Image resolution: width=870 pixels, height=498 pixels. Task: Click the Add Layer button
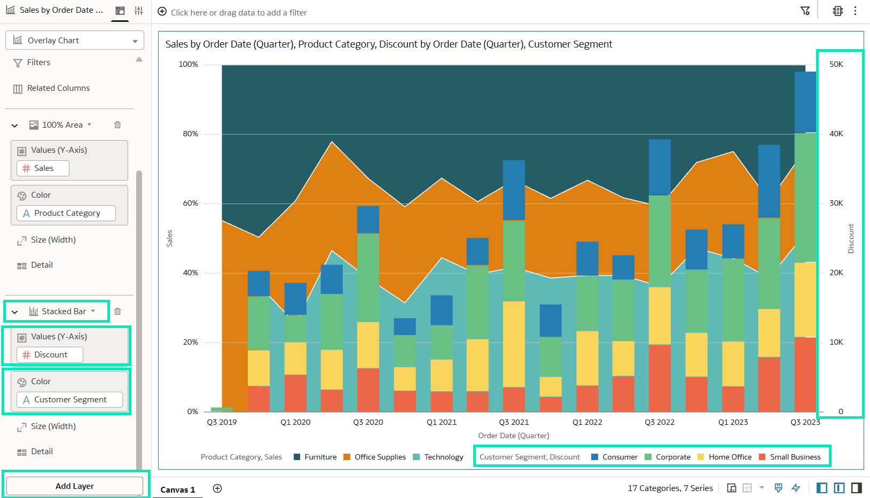click(x=75, y=486)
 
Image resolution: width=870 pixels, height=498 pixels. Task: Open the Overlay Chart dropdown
click(x=75, y=41)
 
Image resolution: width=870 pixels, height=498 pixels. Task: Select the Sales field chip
click(x=43, y=168)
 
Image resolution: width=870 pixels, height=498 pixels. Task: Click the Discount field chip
click(x=50, y=355)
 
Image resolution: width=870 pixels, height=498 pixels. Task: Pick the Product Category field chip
click(x=66, y=213)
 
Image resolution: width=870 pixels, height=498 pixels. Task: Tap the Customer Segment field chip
click(x=69, y=400)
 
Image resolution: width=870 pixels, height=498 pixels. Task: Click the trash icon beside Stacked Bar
click(x=117, y=311)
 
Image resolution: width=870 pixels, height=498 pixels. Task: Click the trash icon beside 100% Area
click(x=117, y=124)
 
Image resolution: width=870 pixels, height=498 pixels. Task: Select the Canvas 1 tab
click(x=177, y=489)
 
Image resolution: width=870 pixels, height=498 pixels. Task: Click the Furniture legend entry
click(x=315, y=457)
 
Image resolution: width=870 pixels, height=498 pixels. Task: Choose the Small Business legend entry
click(x=789, y=457)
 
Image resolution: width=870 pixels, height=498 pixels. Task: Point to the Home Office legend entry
click(x=724, y=457)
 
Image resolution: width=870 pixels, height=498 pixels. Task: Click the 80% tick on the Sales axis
click(x=190, y=134)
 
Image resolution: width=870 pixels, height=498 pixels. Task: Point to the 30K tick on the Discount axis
click(x=836, y=203)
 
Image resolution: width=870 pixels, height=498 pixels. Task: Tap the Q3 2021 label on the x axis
click(x=514, y=422)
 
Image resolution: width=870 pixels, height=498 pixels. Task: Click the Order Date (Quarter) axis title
click(x=513, y=435)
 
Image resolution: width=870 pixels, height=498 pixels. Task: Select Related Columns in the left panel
click(x=58, y=88)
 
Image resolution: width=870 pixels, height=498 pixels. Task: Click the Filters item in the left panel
click(x=38, y=63)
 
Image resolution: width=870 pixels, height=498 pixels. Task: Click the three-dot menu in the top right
click(x=855, y=11)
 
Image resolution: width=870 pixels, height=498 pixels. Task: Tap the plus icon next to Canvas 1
click(x=217, y=489)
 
